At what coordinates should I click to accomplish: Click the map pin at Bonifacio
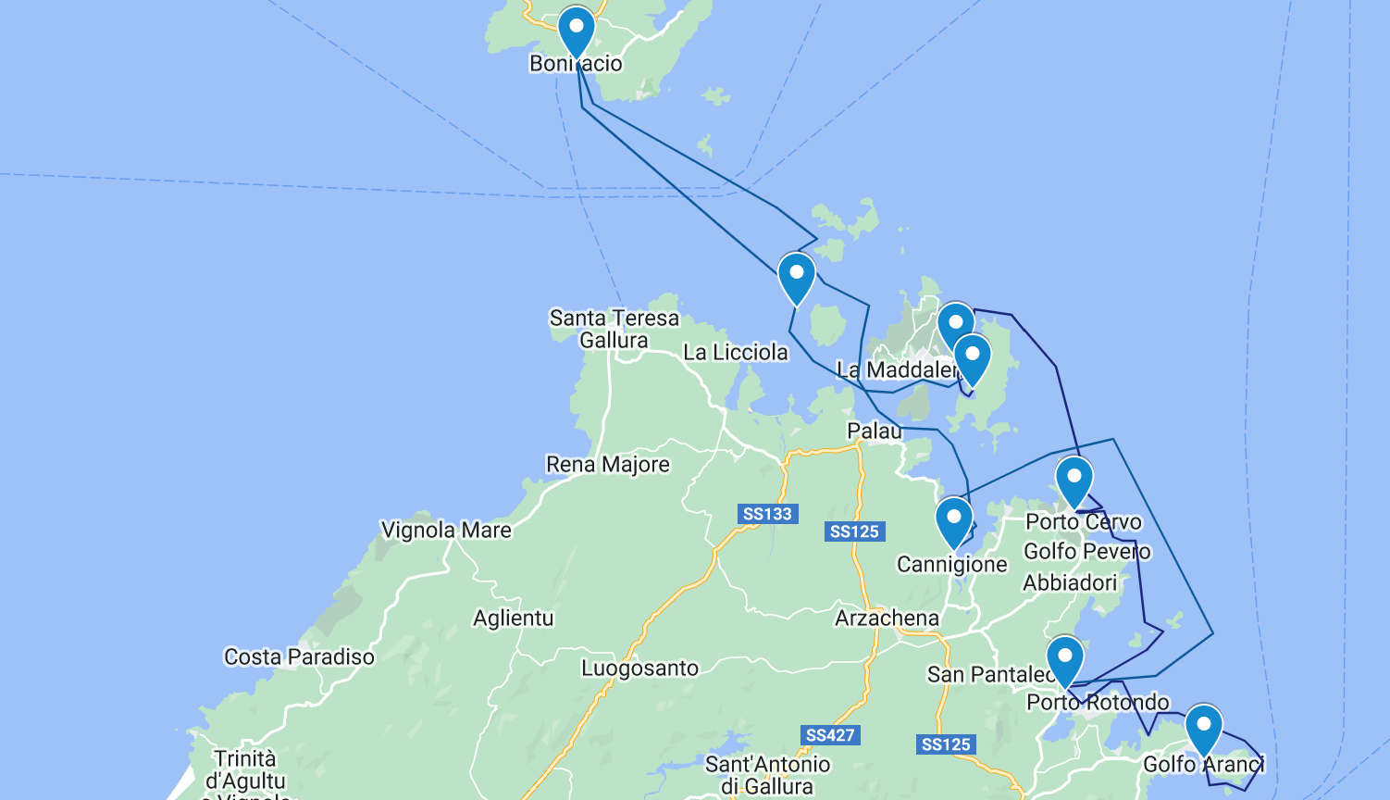576,31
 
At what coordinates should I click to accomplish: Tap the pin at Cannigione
954,521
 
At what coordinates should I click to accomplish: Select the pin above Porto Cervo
1074,481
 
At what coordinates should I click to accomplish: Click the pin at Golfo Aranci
1204,729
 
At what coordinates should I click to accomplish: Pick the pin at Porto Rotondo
1064,660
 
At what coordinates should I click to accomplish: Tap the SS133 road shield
767,514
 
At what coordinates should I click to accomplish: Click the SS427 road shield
830,735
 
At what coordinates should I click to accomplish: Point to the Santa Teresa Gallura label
614,330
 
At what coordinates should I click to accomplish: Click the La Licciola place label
736,353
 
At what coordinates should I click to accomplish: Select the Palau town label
875,431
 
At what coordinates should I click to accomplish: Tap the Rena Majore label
607,464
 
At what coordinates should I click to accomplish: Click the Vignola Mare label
446,531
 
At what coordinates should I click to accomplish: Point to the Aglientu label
514,619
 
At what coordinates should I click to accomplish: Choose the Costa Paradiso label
299,657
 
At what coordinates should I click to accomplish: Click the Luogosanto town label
639,669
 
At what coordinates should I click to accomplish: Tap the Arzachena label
887,619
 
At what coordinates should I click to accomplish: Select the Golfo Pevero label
1086,552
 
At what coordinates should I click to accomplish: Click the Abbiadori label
1070,583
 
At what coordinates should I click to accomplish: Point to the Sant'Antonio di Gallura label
767,775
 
